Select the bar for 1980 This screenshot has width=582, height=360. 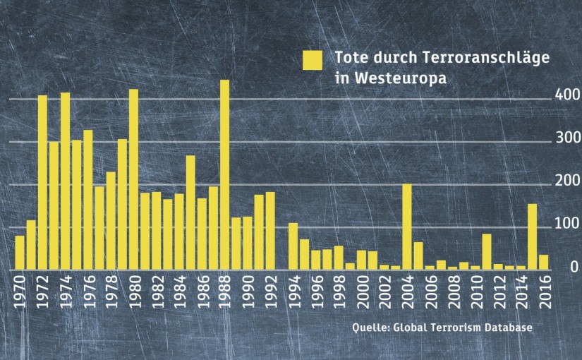pyautogui.click(x=133, y=179)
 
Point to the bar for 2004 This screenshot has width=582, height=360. pyautogui.click(x=407, y=227)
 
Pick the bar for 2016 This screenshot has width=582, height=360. pyautogui.click(x=544, y=262)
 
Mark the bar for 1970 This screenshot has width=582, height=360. pyautogui.click(x=20, y=252)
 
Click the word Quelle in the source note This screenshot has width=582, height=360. pyautogui.click(x=370, y=329)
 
